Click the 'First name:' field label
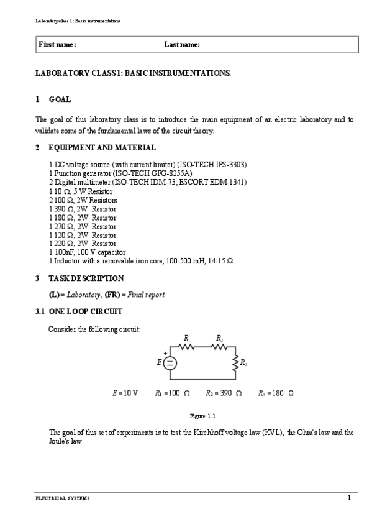tap(57, 45)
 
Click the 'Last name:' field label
tap(182, 45)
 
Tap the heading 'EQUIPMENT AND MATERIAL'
tap(102, 148)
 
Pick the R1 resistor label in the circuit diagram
tap(187, 337)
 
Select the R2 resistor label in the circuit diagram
tap(220, 337)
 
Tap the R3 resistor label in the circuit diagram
tap(244, 362)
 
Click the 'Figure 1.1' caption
tap(202, 415)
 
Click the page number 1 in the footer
tap(349, 498)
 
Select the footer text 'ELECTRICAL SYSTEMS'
tap(62, 498)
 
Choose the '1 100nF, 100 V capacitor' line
tap(91, 252)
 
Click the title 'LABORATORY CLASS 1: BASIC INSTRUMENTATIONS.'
tap(133, 74)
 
